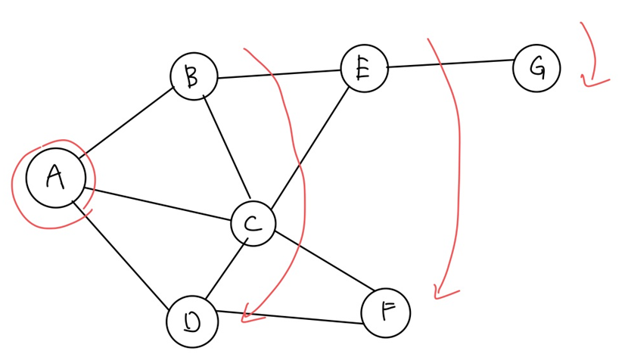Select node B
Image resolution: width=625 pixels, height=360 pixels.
(x=194, y=76)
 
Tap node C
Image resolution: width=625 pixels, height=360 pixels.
(x=253, y=223)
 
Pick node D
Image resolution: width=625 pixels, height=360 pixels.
(x=192, y=321)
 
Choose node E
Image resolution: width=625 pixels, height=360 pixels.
(x=364, y=69)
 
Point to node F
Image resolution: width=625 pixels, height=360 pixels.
(x=386, y=312)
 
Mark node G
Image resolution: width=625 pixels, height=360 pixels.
(x=536, y=68)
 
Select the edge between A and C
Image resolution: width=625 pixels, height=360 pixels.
(x=159, y=203)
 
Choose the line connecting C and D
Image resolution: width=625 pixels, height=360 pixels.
(x=223, y=272)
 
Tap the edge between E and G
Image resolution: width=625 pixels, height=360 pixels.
(x=450, y=64)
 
